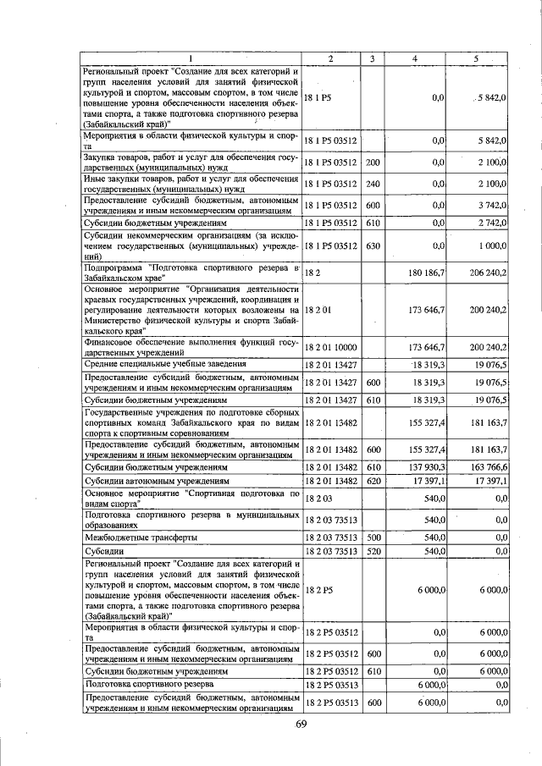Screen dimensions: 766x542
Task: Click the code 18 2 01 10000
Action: point(330,347)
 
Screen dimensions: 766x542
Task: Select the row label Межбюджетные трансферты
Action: point(141,537)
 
